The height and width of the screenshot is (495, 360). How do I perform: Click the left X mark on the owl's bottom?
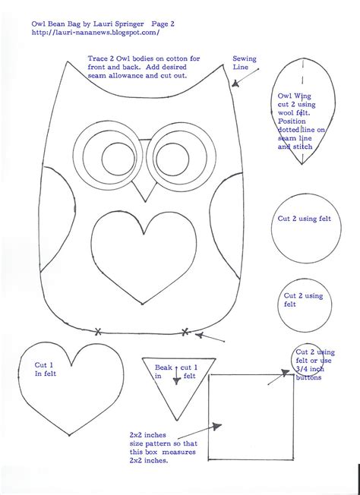[x=98, y=330]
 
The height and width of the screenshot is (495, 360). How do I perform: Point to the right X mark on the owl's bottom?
[x=185, y=330]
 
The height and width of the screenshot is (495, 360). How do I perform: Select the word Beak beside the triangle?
[x=164, y=367]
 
